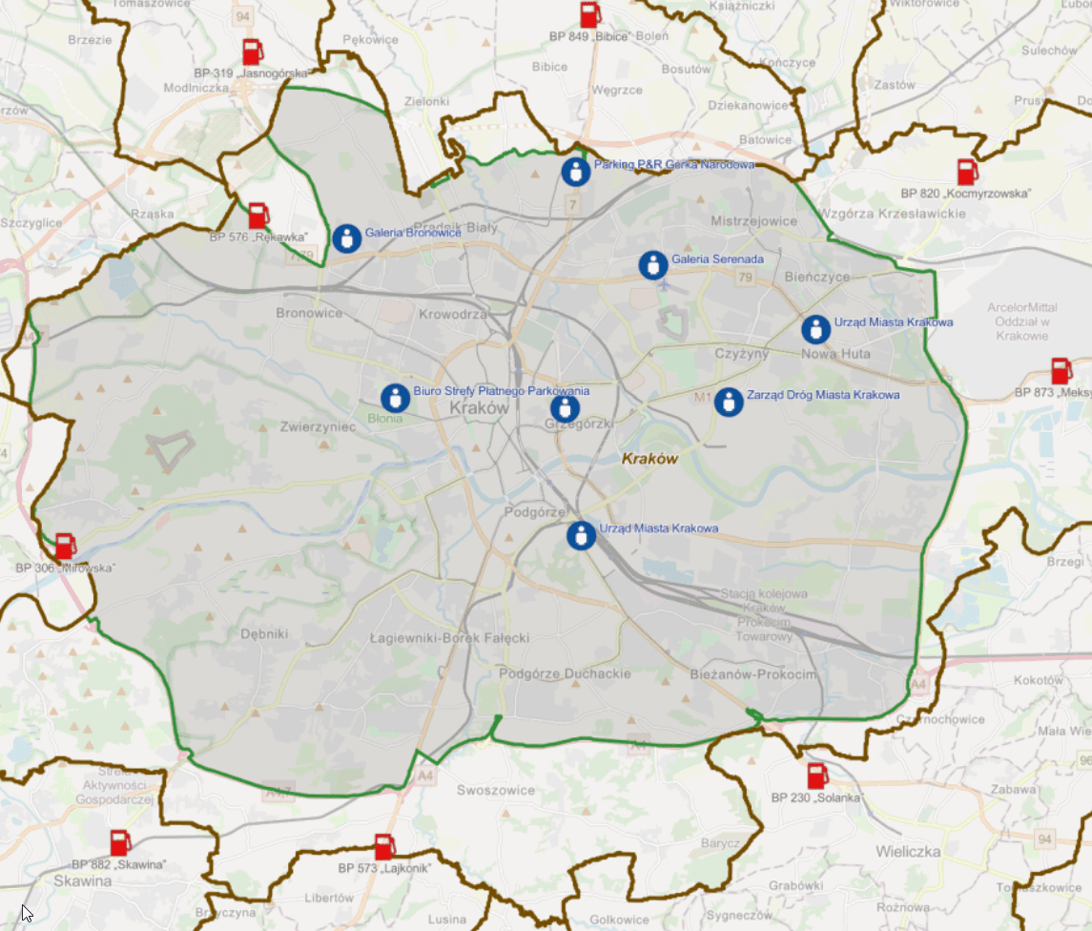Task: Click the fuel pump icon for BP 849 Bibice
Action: pyautogui.click(x=590, y=15)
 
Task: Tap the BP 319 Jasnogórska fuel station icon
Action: pyautogui.click(x=253, y=52)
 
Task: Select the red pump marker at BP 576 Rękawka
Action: pyautogui.click(x=258, y=215)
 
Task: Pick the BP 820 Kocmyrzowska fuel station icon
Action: pyautogui.click(x=968, y=173)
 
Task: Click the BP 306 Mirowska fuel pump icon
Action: pyautogui.click(x=65, y=547)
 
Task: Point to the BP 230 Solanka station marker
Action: pyautogui.click(x=817, y=776)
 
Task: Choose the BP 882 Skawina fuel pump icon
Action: pyautogui.click(x=120, y=843)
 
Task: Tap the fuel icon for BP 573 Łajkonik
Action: pyautogui.click(x=384, y=846)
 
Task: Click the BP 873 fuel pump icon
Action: pyautogui.click(x=1061, y=371)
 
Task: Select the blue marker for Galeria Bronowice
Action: pyautogui.click(x=347, y=238)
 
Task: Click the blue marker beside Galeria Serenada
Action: pyautogui.click(x=652, y=264)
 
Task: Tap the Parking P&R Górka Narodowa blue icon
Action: pyautogui.click(x=575, y=172)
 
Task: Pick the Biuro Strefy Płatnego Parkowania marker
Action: pyautogui.click(x=395, y=398)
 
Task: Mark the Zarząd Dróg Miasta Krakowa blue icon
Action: pyautogui.click(x=729, y=402)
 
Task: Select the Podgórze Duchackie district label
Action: pyautogui.click(x=566, y=673)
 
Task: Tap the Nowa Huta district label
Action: pyautogui.click(x=836, y=354)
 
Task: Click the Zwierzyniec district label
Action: pyautogui.click(x=318, y=426)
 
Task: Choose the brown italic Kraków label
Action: pyautogui.click(x=649, y=459)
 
